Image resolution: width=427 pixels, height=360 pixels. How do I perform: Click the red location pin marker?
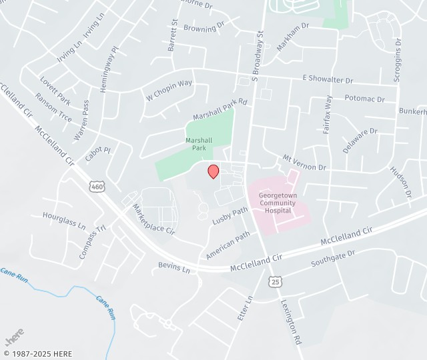[x=213, y=171]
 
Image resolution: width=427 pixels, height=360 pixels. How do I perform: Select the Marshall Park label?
[x=199, y=144]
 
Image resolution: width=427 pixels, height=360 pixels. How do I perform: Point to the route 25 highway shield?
[x=276, y=282]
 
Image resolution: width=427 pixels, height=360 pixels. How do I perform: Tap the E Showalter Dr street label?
[x=328, y=80]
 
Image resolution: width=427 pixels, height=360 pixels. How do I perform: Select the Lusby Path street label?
[x=230, y=216]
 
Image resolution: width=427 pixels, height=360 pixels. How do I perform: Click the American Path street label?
[x=228, y=245]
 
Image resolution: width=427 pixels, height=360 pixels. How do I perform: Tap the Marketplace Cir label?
[x=153, y=220]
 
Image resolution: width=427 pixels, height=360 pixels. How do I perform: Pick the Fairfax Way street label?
[x=328, y=115]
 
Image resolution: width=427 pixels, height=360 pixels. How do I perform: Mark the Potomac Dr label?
[x=365, y=99]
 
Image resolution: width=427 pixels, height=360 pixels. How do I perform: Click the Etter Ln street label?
[x=246, y=309]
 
